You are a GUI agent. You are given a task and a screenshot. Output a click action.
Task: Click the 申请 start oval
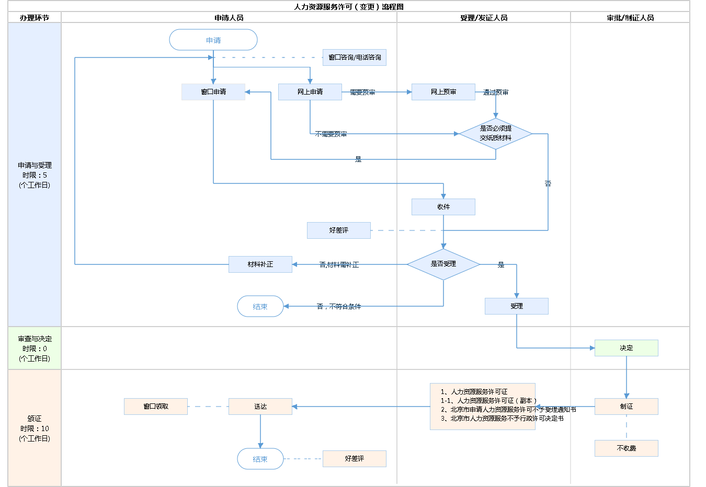(x=213, y=40)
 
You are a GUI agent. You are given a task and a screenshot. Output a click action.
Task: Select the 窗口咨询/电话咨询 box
(x=355, y=57)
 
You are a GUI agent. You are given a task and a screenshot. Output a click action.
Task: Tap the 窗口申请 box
(x=213, y=92)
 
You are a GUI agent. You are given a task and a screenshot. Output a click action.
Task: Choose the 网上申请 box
(x=310, y=92)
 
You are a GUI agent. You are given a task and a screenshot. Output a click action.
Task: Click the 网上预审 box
(x=443, y=92)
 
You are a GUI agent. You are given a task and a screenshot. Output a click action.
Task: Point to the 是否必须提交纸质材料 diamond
(x=496, y=133)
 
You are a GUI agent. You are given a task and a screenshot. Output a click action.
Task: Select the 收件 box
(x=443, y=207)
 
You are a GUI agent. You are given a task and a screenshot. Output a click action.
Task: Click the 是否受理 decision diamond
(x=443, y=264)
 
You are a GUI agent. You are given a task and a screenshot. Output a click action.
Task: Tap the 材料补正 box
(x=260, y=264)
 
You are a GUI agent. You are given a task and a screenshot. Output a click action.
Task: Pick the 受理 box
(x=517, y=306)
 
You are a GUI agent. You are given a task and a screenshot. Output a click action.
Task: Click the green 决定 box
(x=627, y=348)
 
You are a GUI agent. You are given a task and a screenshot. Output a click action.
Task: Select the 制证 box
(x=627, y=407)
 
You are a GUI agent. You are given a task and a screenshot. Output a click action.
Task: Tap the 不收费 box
(x=627, y=448)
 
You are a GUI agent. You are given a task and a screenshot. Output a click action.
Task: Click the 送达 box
(x=260, y=407)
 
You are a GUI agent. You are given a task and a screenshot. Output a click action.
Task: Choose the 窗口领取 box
(x=156, y=407)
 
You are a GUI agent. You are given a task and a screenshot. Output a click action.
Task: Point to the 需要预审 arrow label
(x=362, y=92)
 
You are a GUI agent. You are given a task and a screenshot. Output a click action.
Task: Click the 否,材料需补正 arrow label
(x=339, y=265)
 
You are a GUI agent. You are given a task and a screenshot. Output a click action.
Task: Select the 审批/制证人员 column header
(x=630, y=18)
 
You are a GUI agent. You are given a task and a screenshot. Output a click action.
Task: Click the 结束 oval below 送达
(x=260, y=459)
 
